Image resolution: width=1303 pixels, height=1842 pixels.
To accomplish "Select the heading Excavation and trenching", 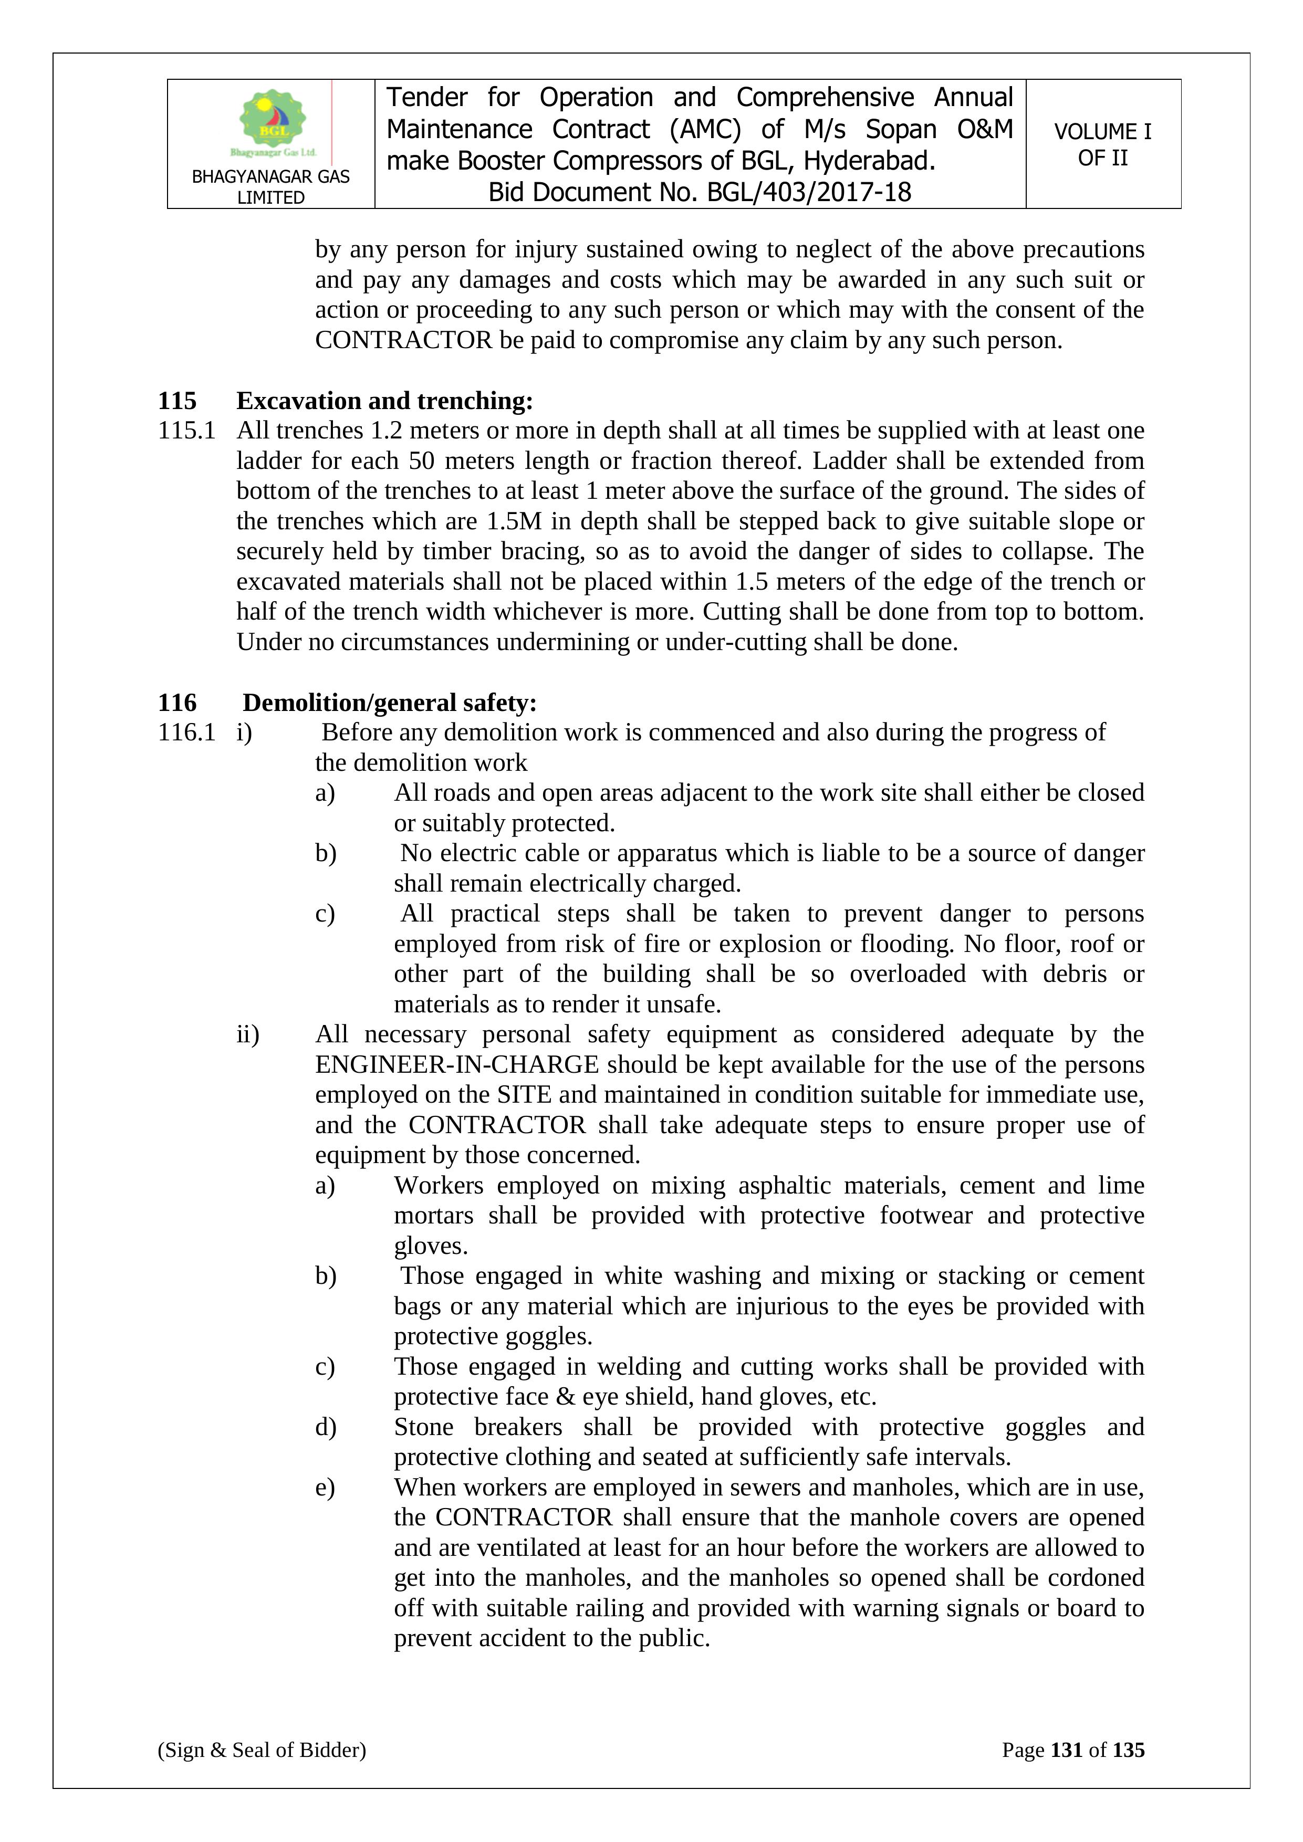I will click(384, 400).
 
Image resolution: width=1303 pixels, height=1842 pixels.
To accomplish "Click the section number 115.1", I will click(186, 431).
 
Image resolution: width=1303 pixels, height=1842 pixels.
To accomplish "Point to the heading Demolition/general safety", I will click(389, 703).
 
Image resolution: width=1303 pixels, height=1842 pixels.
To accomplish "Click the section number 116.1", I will click(186, 732).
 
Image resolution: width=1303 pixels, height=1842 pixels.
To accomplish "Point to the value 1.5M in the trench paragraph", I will click(514, 521).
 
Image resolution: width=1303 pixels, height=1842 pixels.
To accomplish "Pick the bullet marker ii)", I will click(247, 1035).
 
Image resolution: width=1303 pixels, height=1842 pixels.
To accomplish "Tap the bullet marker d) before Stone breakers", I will click(325, 1427).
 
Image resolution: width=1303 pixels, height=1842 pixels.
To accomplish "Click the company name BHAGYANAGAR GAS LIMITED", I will click(270, 187).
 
